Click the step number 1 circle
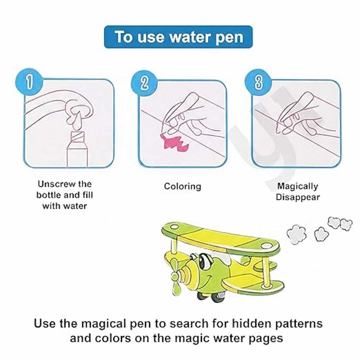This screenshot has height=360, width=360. tap(29, 82)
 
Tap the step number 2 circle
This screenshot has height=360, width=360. tap(144, 83)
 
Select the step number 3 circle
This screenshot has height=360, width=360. tap(258, 82)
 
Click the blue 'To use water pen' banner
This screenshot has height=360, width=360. tap(178, 37)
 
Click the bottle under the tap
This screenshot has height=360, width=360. tap(77, 149)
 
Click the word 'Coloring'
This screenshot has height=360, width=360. tap(182, 186)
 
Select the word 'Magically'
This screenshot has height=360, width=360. tap(297, 186)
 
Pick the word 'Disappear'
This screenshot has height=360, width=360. tap(298, 197)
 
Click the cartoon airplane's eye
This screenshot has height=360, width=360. tap(204, 261)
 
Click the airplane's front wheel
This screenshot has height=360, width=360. tap(217, 296)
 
